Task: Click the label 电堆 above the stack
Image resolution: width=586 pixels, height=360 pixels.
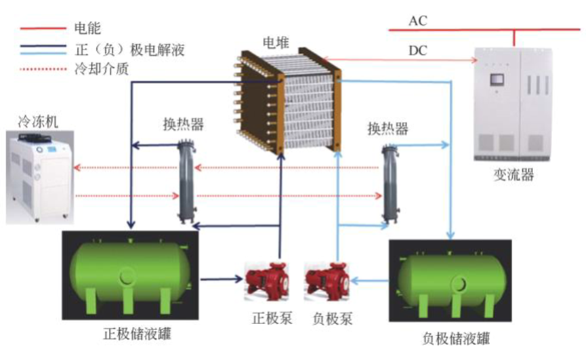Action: point(276,43)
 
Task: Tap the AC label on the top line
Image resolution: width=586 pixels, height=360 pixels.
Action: point(417,20)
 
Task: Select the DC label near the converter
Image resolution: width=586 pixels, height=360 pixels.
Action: point(418,51)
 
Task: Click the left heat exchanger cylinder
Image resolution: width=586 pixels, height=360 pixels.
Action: point(185,181)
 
